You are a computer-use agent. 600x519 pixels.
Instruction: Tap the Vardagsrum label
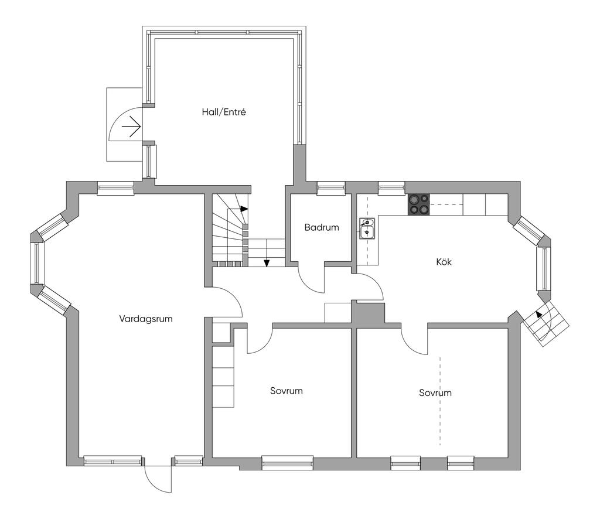click(145, 319)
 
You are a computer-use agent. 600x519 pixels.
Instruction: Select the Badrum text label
click(322, 227)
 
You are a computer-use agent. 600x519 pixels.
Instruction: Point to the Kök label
click(444, 262)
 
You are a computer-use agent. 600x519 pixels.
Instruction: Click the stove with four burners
click(418, 204)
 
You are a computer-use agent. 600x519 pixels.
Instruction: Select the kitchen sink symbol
click(367, 228)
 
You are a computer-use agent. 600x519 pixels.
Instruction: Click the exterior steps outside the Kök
click(547, 326)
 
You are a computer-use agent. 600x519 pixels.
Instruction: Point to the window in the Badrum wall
click(330, 187)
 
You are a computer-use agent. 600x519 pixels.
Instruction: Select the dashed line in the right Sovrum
click(440, 401)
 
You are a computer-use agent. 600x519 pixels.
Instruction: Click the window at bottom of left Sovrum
click(287, 463)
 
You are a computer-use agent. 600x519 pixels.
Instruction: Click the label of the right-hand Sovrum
click(435, 393)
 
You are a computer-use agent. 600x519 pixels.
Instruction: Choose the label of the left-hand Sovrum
click(287, 391)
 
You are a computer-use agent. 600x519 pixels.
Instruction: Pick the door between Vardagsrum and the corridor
click(226, 302)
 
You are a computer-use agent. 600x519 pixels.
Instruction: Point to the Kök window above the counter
click(391, 187)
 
